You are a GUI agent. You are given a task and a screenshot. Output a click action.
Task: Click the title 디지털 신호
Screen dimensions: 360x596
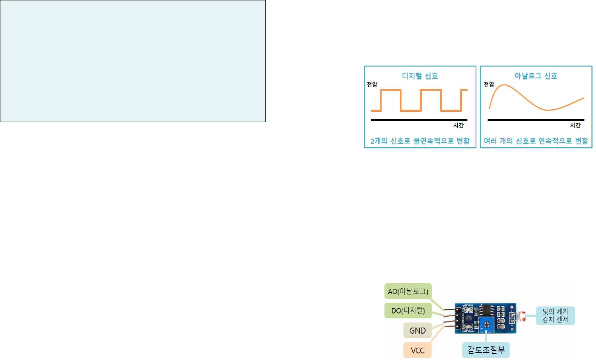point(420,76)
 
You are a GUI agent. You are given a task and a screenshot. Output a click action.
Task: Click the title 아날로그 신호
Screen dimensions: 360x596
point(536,76)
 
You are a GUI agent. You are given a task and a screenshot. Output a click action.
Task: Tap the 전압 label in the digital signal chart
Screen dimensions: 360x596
point(372,84)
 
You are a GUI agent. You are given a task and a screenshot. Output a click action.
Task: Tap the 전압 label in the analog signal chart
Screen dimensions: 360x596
point(489,84)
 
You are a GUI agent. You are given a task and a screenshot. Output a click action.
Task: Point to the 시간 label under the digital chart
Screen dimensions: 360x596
point(458,125)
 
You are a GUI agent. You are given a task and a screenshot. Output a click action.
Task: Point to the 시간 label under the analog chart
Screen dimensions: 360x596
point(575,125)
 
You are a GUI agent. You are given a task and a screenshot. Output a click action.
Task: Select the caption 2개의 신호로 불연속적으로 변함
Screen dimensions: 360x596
point(420,141)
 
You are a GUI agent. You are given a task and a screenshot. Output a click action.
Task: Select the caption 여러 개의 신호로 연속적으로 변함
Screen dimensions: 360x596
point(536,141)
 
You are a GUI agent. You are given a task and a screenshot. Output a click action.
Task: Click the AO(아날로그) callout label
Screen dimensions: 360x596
point(408,291)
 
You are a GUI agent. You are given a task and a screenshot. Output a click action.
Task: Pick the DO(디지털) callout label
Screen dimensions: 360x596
point(408,311)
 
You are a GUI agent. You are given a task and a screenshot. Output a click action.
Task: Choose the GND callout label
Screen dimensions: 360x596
point(417,330)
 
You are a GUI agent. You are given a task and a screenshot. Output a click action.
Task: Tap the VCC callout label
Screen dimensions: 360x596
point(417,350)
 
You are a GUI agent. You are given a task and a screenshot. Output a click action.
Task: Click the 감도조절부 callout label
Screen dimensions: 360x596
point(486,350)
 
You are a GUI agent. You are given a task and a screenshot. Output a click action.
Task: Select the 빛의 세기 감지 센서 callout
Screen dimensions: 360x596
point(555,315)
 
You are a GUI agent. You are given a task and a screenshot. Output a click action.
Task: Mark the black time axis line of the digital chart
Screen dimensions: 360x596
point(419,120)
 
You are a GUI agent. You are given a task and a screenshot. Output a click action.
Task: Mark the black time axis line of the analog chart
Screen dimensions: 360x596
point(536,120)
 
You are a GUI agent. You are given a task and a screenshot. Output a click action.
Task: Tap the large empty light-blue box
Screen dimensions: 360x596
point(133,61)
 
